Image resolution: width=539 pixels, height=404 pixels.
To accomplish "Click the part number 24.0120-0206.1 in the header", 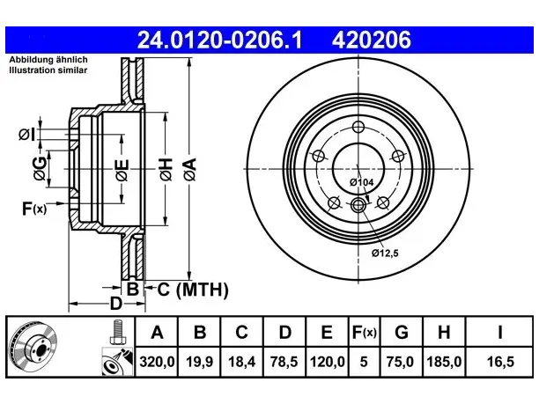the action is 219,40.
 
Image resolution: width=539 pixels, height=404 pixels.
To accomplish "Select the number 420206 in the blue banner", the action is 372,40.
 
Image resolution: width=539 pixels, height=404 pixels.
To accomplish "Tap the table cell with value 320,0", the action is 157,362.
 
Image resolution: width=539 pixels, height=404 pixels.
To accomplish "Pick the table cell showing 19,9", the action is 199,362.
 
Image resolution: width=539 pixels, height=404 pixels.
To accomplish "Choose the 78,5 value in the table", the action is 284,362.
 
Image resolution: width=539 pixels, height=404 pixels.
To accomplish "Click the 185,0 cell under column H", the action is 444,362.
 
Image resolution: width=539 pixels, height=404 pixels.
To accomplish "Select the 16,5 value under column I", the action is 500,362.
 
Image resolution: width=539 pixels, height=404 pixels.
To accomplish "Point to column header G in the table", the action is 402,332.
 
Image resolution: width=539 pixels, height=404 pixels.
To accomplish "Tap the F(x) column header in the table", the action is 364,332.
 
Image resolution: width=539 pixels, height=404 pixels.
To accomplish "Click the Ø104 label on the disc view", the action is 361,182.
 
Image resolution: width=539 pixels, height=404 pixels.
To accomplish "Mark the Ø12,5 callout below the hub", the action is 385,253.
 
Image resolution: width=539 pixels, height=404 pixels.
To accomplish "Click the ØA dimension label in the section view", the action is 190,169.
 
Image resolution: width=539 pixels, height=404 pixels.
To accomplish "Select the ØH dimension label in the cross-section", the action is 166,169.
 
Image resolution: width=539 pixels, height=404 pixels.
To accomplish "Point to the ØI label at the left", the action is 26,135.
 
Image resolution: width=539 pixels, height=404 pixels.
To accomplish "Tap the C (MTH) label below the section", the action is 193,290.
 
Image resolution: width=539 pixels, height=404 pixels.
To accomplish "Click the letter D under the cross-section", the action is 116,304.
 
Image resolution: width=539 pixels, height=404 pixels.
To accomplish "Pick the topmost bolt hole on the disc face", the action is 358,127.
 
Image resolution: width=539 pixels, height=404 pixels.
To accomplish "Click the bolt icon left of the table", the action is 117,332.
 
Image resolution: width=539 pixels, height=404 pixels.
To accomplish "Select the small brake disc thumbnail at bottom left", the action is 33,348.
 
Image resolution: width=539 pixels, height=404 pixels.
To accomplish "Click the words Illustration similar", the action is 48,70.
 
